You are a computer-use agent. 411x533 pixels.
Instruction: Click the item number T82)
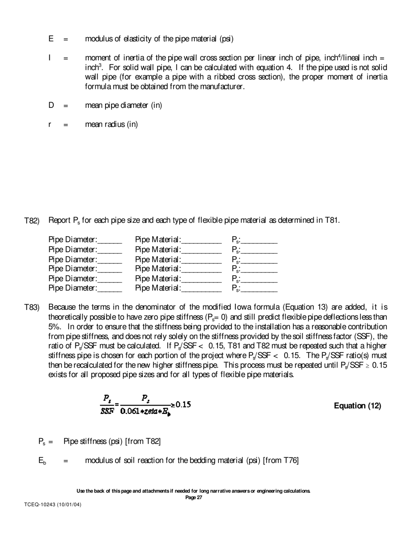(32, 221)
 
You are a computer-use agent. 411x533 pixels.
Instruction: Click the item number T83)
(32, 308)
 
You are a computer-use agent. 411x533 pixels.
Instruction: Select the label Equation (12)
(357, 406)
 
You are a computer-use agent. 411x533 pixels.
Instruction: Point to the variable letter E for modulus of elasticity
(51, 39)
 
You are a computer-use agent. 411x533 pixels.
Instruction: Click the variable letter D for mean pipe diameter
(51, 105)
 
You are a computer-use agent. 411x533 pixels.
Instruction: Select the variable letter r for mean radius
(50, 125)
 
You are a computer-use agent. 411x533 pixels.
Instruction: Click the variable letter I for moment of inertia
(50, 58)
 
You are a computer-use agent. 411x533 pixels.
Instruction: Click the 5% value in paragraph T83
(55, 327)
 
